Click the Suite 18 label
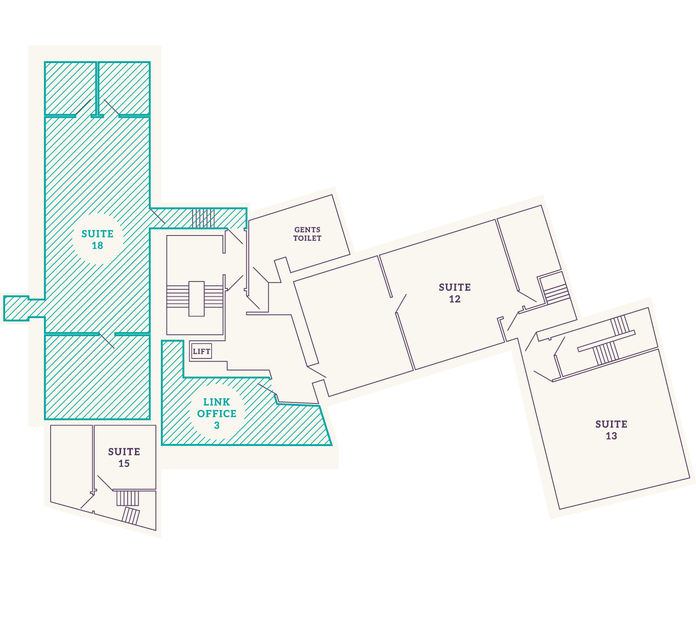point(97,239)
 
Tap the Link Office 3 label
point(217,413)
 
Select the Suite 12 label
point(455,293)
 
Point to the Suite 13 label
point(612,430)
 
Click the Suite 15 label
point(124,457)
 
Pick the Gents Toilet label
point(308,234)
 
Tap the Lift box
point(201,351)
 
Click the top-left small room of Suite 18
point(71,88)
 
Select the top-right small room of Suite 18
point(124,88)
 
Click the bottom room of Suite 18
point(97,377)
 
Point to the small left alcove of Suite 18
point(16,308)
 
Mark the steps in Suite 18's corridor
point(203,218)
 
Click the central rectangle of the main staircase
point(196,299)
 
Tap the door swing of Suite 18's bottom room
point(107,341)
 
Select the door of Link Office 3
point(267,389)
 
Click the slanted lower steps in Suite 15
point(131,516)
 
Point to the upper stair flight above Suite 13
point(619,325)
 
